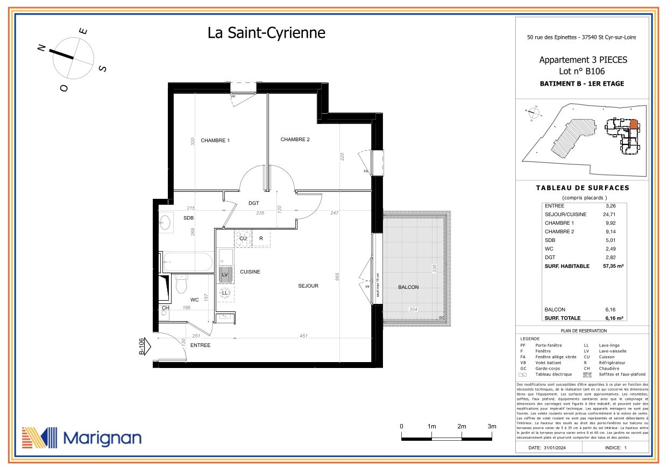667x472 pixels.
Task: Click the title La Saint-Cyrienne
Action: point(266,33)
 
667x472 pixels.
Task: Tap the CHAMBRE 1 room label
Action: point(215,141)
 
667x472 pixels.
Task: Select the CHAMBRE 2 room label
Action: point(295,140)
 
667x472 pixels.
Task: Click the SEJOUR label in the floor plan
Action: point(308,286)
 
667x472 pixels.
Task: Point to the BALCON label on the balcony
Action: point(408,287)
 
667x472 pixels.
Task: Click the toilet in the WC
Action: point(181,283)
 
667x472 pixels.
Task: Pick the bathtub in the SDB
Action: point(183,262)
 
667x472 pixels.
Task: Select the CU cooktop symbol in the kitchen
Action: point(243,238)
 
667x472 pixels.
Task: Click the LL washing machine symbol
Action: point(225,293)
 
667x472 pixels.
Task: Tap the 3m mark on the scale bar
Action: point(491,426)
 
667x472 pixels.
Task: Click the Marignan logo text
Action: point(102,438)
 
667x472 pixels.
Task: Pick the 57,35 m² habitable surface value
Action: point(613,266)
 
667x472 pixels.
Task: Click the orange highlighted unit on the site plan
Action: point(633,124)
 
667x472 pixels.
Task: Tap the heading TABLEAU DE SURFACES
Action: point(583,188)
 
